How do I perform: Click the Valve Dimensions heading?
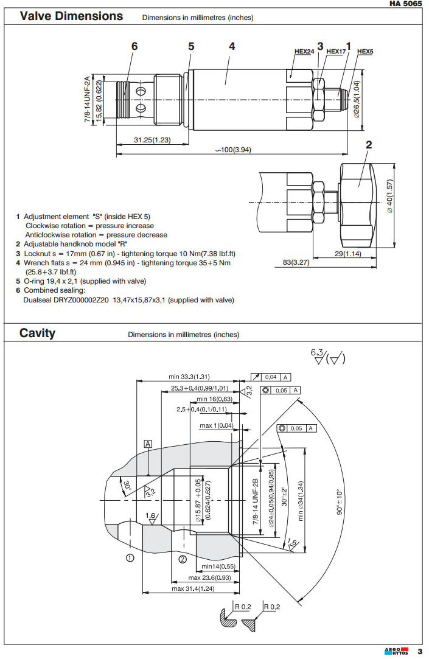71,16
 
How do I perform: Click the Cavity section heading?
37,333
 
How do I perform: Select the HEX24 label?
304,52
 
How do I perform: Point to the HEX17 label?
336,52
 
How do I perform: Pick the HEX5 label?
365,52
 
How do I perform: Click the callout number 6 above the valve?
134,46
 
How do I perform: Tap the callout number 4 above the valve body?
232,46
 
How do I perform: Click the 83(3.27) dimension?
296,262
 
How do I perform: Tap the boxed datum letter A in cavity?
148,444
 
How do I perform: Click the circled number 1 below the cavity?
130,557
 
